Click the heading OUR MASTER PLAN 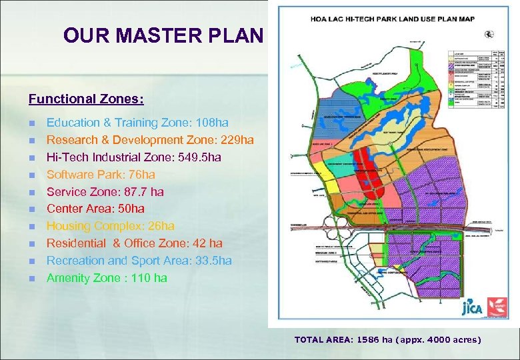163,35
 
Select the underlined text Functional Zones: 86,99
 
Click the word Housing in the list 68,226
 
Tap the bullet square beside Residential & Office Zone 32,244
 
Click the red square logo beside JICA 497,307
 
